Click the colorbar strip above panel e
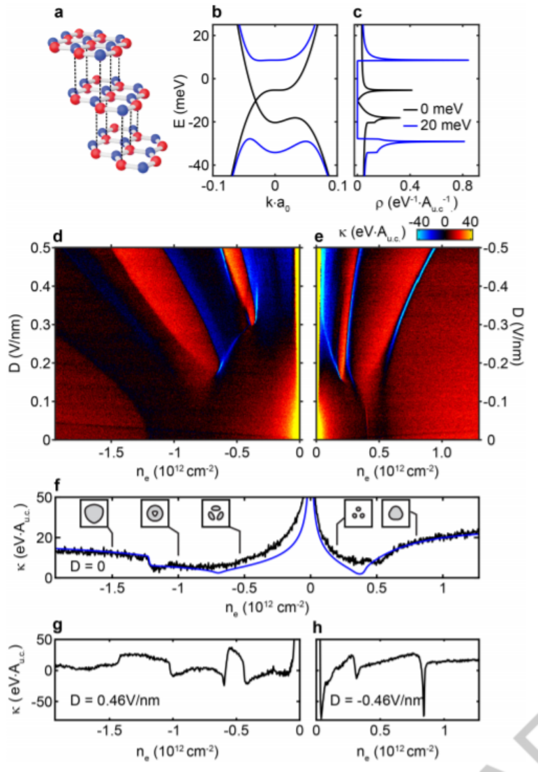[446, 236]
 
